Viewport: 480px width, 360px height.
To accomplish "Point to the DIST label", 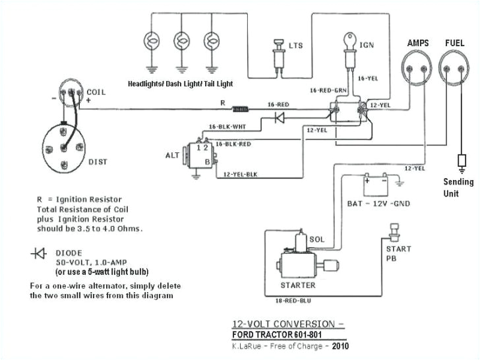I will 98,161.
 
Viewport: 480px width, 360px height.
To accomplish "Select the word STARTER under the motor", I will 299,285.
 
